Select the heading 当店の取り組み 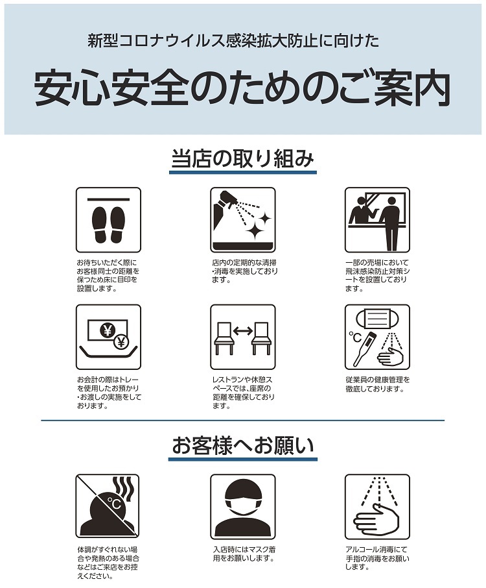tap(242, 158)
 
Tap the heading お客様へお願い tap(242, 445)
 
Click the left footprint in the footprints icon tap(99, 225)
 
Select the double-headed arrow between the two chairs tap(243, 330)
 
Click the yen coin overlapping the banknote tap(121, 341)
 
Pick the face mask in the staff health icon tap(377, 319)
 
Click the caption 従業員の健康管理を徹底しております tap(377, 384)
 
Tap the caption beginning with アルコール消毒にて tap(377, 558)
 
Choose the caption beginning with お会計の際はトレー tap(110, 393)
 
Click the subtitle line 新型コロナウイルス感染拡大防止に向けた tap(233, 41)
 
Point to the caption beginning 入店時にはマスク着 tap(244, 554)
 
